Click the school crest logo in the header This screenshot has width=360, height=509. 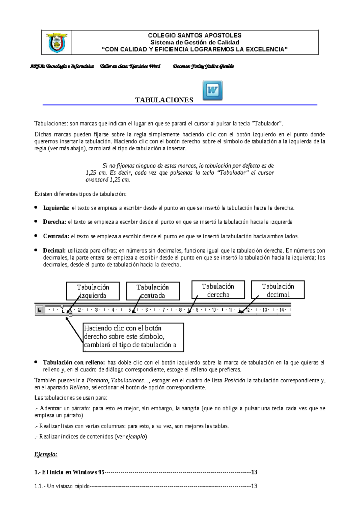click(56, 42)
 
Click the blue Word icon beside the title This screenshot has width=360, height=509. click(212, 90)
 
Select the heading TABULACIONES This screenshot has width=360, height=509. click(164, 100)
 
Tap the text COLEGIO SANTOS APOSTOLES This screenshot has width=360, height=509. click(195, 35)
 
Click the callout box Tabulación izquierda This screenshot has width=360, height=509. click(93, 291)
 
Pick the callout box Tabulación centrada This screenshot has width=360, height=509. click(153, 291)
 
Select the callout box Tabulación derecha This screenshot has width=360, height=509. click(218, 290)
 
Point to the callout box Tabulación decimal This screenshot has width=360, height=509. click(278, 290)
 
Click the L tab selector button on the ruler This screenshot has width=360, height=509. click(39, 310)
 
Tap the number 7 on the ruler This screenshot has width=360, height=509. click(163, 310)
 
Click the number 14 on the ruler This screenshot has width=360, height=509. click(281, 310)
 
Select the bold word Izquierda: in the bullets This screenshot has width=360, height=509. click(56, 208)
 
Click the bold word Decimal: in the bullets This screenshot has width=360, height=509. click(54, 251)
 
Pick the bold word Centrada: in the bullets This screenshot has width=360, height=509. click(56, 236)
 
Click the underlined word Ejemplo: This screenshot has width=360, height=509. click(46, 454)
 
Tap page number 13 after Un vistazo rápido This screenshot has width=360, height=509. click(254, 486)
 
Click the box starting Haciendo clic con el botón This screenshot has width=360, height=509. click(133, 337)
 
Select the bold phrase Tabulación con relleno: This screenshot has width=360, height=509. click(74, 363)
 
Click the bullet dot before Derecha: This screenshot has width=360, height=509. click(36, 221)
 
